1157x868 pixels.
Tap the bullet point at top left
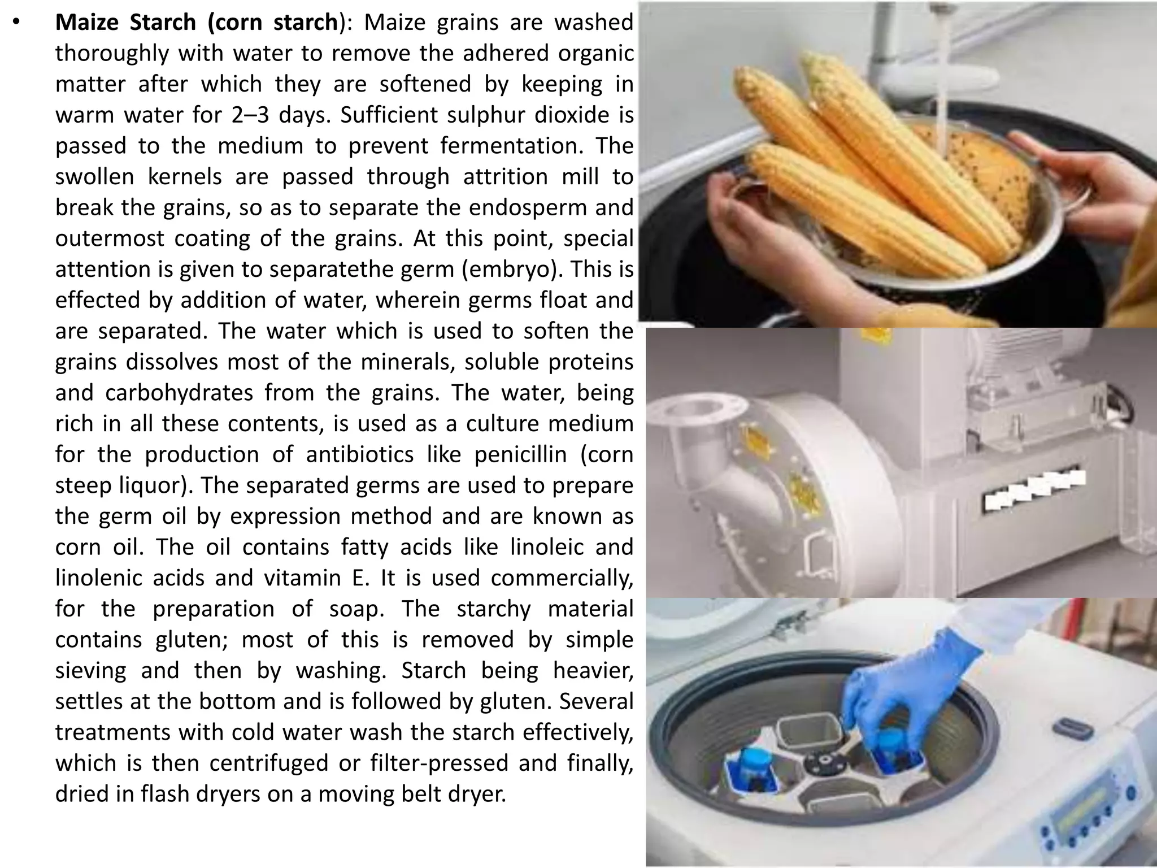[x=17, y=23]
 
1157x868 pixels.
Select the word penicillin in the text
[x=520, y=455]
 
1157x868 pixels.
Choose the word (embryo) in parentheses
[x=512, y=270]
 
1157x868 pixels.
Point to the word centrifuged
[x=269, y=763]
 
